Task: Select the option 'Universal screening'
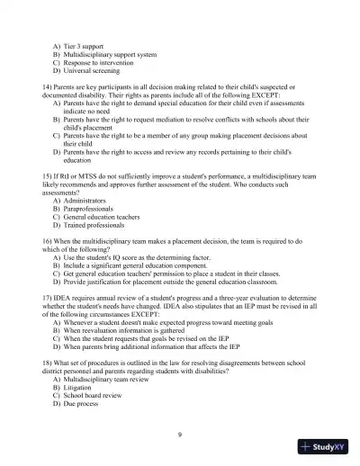(94, 69)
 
